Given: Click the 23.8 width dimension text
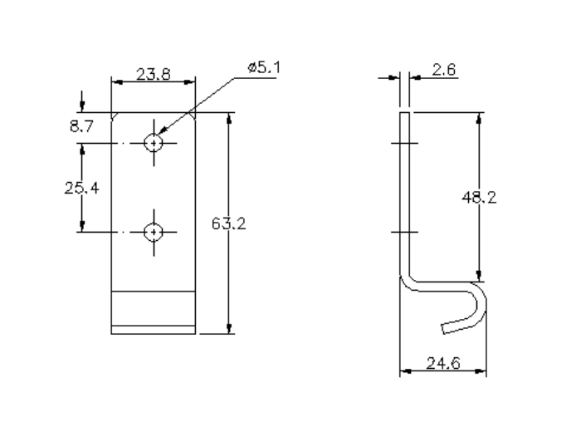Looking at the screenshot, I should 154,74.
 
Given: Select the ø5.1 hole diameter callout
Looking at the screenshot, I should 264,67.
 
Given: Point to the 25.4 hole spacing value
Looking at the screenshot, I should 81,188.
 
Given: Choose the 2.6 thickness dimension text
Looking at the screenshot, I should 444,71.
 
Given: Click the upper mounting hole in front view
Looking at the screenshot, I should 154,143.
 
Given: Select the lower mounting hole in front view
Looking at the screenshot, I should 154,232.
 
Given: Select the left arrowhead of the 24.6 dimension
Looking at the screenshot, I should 405,369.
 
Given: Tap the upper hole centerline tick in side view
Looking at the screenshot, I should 405,143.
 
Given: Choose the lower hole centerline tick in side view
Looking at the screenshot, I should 405,232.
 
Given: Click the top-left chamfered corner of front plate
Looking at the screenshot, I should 115,116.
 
